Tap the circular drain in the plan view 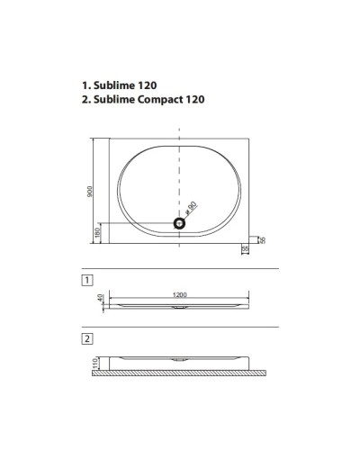[180, 222]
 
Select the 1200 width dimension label [180, 293]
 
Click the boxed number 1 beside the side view [86, 281]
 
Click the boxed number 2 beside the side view [86, 339]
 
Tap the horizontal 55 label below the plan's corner [246, 249]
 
